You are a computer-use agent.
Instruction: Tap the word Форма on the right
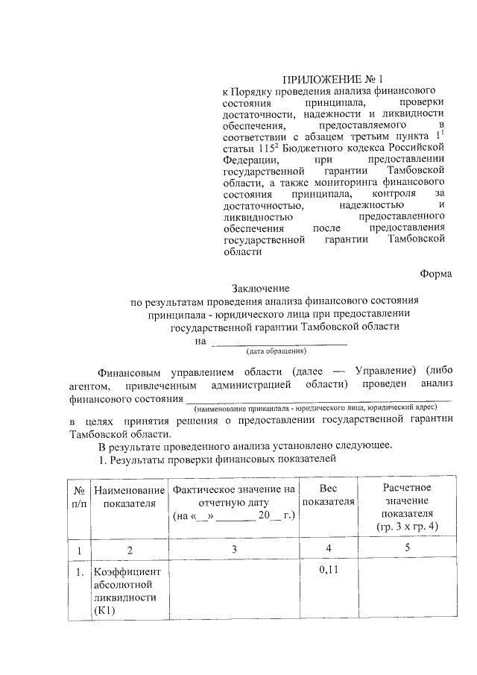pyautogui.click(x=435, y=274)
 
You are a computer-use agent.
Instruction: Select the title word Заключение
pyautogui.click(x=260, y=287)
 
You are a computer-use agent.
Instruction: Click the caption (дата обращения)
pyautogui.click(x=276, y=350)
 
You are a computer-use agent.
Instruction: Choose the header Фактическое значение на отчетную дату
pyautogui.click(x=233, y=501)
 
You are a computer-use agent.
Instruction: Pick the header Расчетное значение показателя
pyautogui.click(x=407, y=507)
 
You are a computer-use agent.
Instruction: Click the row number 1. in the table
pyautogui.click(x=78, y=571)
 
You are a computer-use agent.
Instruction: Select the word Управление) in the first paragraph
pyautogui.click(x=384, y=371)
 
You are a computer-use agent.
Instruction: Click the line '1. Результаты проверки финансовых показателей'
pyautogui.click(x=213, y=460)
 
